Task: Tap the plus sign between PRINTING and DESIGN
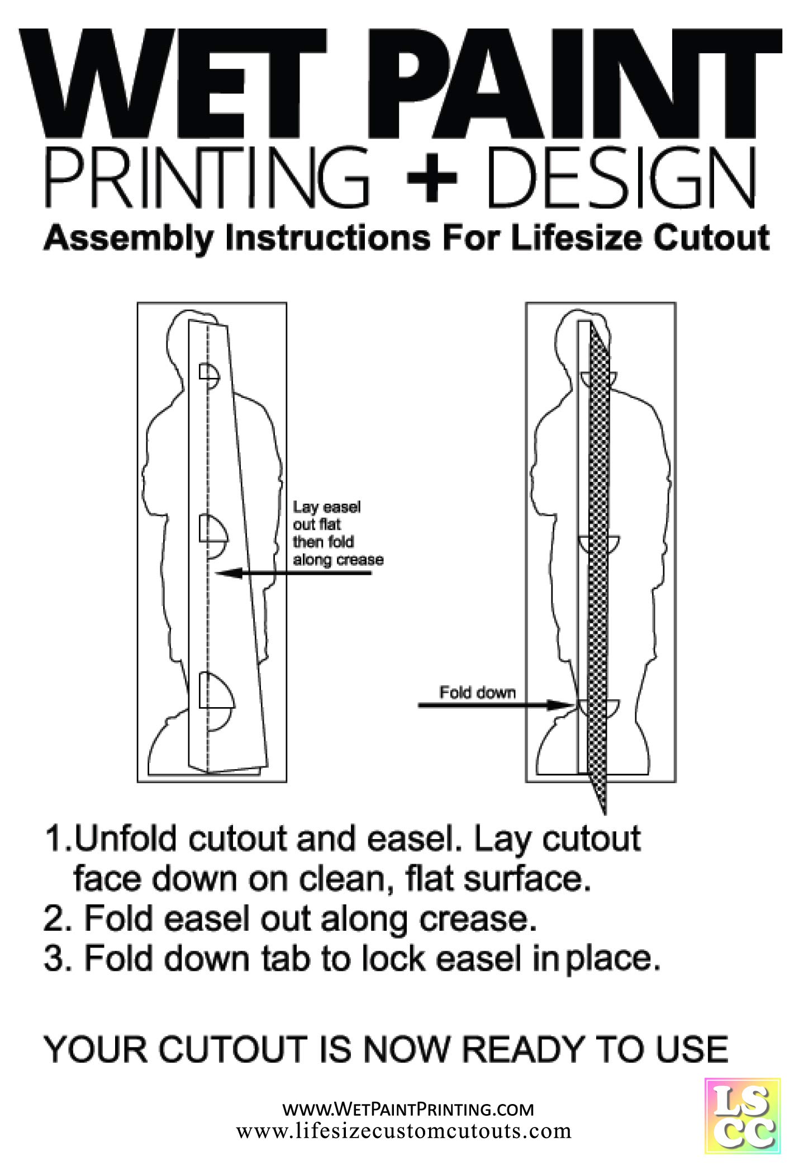(431, 178)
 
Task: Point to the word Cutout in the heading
(712, 239)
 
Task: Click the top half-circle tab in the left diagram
(210, 376)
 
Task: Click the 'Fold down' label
(477, 693)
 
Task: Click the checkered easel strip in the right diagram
(600, 559)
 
